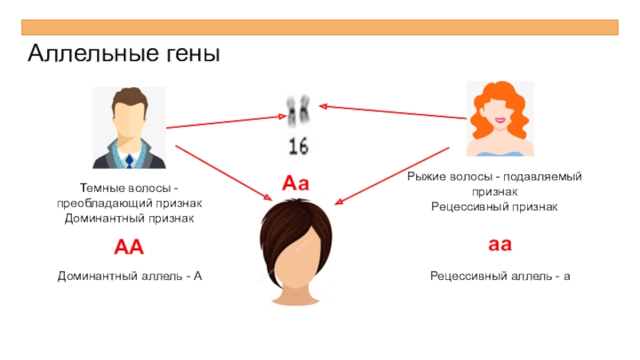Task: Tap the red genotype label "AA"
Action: (129, 246)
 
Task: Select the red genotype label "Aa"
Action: (295, 184)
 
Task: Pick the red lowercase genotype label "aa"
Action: (500, 244)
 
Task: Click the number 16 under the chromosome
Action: (298, 146)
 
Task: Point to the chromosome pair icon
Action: (298, 113)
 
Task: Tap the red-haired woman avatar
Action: (499, 120)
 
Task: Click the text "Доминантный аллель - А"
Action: (130, 276)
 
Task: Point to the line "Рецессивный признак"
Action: (494, 206)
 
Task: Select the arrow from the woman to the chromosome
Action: (392, 111)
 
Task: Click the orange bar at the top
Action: (320, 27)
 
